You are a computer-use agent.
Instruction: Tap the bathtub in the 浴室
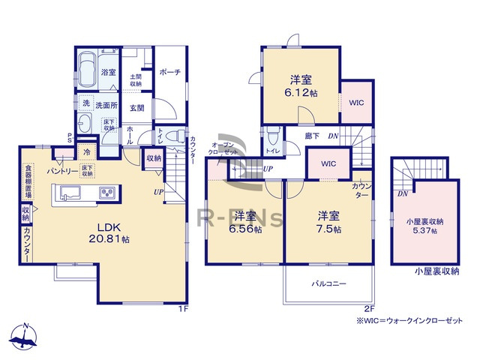[x=86, y=64]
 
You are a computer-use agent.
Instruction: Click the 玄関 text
[x=136, y=108]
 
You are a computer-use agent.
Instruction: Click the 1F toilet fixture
[x=175, y=138]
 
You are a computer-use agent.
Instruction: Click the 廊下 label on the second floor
[x=312, y=136]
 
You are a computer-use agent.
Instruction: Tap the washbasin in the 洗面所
[x=84, y=124]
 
